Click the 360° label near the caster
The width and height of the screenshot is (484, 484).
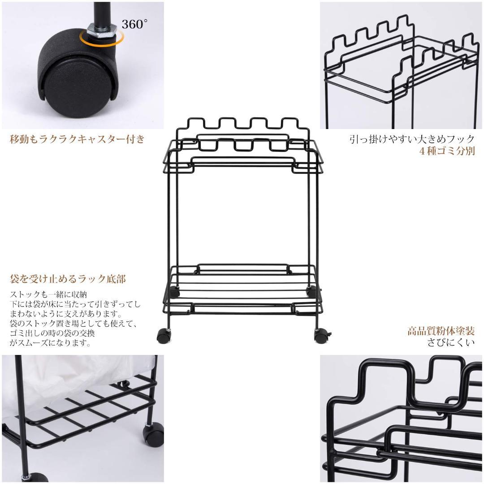[x=134, y=24]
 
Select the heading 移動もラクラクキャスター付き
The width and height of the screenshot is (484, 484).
[x=77, y=139]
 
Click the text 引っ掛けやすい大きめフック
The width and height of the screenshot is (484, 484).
[x=412, y=139]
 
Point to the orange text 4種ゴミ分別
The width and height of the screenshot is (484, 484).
[x=447, y=151]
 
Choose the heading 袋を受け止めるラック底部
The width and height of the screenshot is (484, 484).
[x=68, y=279]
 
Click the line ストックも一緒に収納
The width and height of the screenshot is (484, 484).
[x=48, y=294]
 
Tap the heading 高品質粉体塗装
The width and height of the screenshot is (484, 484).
[x=441, y=331]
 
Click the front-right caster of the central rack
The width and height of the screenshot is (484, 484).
[x=321, y=335]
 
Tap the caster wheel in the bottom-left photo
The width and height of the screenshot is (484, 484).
[x=153, y=435]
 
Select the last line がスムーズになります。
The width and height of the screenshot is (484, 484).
[x=50, y=343]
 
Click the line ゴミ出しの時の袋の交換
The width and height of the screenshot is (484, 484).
[x=52, y=333]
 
